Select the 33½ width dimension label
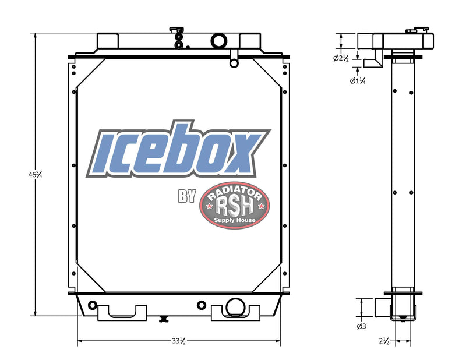click(179, 341)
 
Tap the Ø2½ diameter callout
click(341, 58)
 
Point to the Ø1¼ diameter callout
click(357, 81)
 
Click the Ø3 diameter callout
click(361, 327)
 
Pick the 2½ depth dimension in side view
click(384, 341)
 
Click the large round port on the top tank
click(220, 40)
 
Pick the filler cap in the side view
click(418, 28)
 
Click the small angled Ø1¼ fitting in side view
click(371, 62)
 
